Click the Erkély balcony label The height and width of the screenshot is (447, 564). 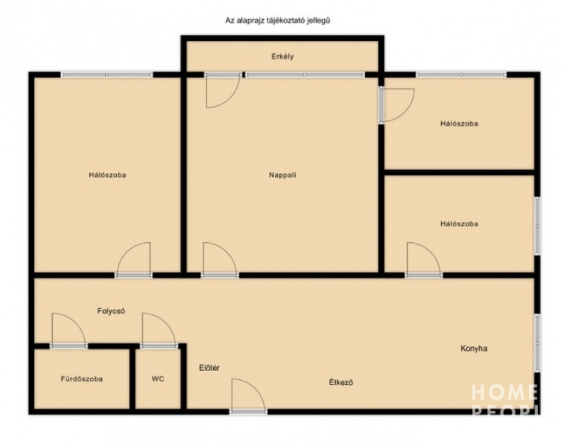click(x=283, y=57)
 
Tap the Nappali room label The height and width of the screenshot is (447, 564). click(x=283, y=175)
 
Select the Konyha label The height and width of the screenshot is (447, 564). click(x=474, y=348)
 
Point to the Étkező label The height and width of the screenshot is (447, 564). click(x=341, y=382)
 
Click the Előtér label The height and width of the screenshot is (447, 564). click(x=209, y=368)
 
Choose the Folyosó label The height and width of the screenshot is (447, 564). click(x=111, y=311)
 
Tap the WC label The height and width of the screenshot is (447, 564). click(x=158, y=379)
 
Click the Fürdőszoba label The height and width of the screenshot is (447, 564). click(x=82, y=379)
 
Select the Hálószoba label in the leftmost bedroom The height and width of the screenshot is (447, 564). click(x=107, y=175)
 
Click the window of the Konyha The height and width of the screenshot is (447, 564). click(x=537, y=344)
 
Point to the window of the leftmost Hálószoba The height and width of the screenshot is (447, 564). click(x=106, y=75)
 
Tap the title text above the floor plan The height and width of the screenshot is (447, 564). click(x=278, y=20)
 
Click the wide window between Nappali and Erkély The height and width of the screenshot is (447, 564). click(x=305, y=75)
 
